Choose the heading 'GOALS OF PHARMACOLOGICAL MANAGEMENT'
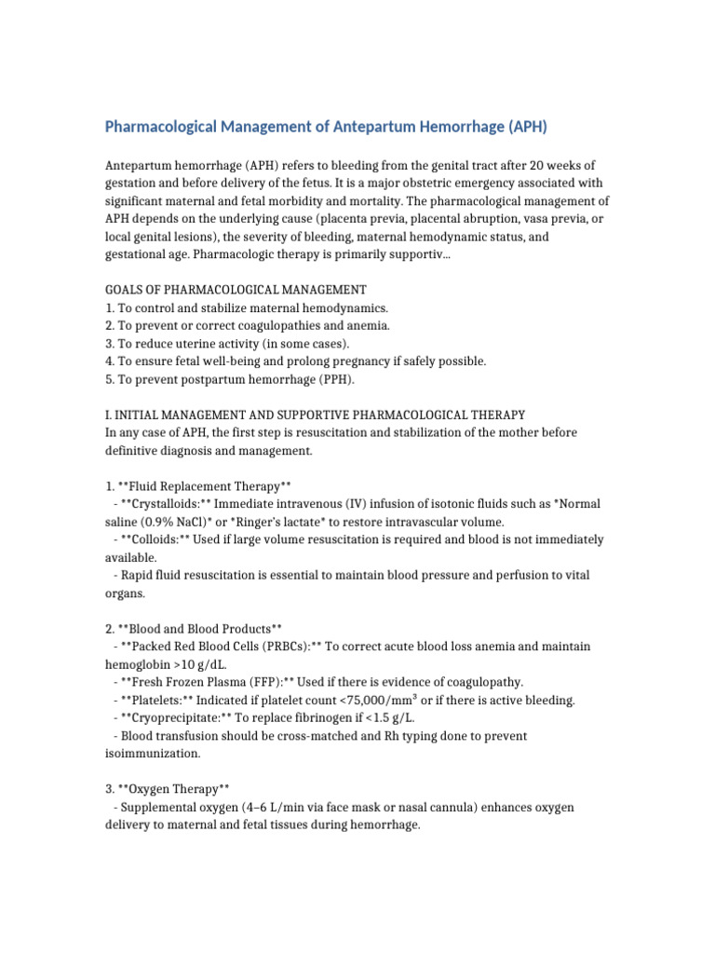click(236, 290)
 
